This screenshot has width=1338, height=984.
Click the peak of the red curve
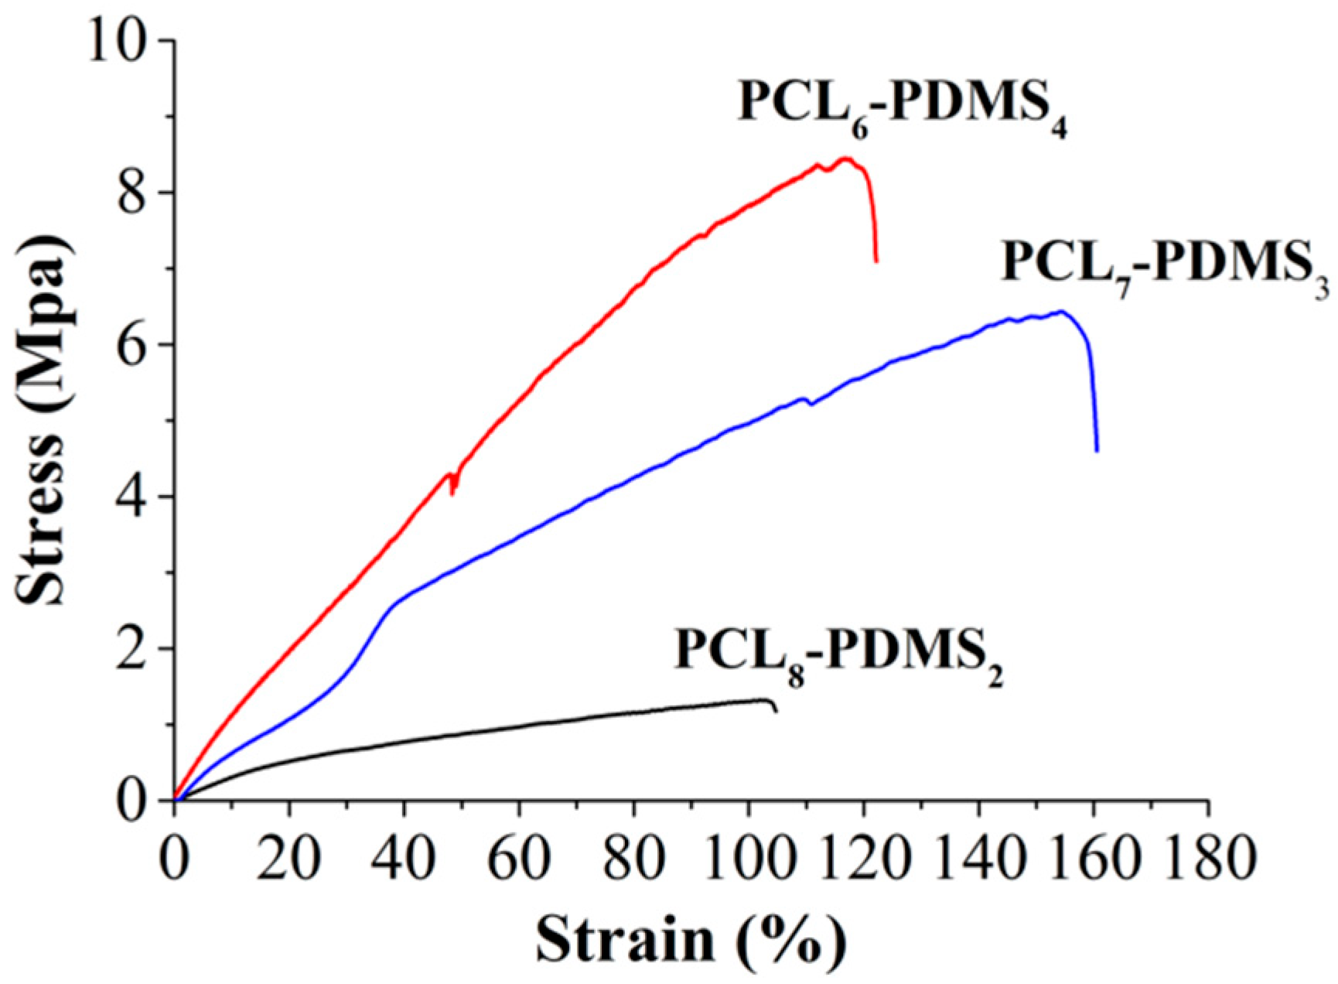tap(845, 159)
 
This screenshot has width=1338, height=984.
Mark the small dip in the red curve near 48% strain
tap(452, 492)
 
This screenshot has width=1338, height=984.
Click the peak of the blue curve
tap(1062, 312)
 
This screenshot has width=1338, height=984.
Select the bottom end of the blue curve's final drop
tap(1097, 450)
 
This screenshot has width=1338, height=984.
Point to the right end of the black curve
tap(776, 711)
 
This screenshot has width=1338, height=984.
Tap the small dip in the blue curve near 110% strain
tap(811, 404)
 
